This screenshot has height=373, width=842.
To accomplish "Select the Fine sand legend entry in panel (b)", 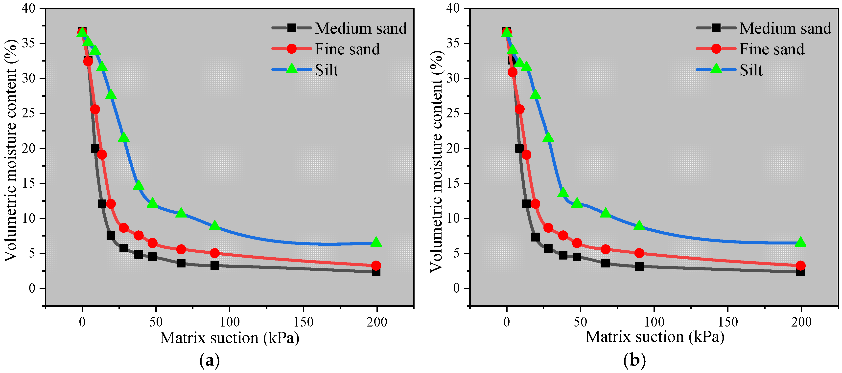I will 772,49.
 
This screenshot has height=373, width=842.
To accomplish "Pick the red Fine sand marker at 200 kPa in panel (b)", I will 800,265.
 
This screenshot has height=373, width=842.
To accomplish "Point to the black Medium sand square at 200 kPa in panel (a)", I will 376,272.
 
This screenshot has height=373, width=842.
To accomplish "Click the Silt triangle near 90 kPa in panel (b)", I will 639,226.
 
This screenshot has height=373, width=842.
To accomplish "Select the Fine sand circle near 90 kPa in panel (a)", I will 214,253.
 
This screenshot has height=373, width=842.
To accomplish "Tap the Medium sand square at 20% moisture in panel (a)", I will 95,148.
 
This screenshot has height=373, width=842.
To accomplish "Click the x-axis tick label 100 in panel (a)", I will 230,322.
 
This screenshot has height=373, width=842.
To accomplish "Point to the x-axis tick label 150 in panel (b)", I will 728,322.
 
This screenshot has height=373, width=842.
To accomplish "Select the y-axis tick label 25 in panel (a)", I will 29,113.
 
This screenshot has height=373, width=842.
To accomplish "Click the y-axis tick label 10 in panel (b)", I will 453,218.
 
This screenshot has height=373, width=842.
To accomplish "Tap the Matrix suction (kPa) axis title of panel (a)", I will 230,338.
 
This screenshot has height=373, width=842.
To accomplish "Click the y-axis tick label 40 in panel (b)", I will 453,8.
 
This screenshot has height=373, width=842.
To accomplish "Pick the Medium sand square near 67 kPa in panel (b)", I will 605,263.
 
